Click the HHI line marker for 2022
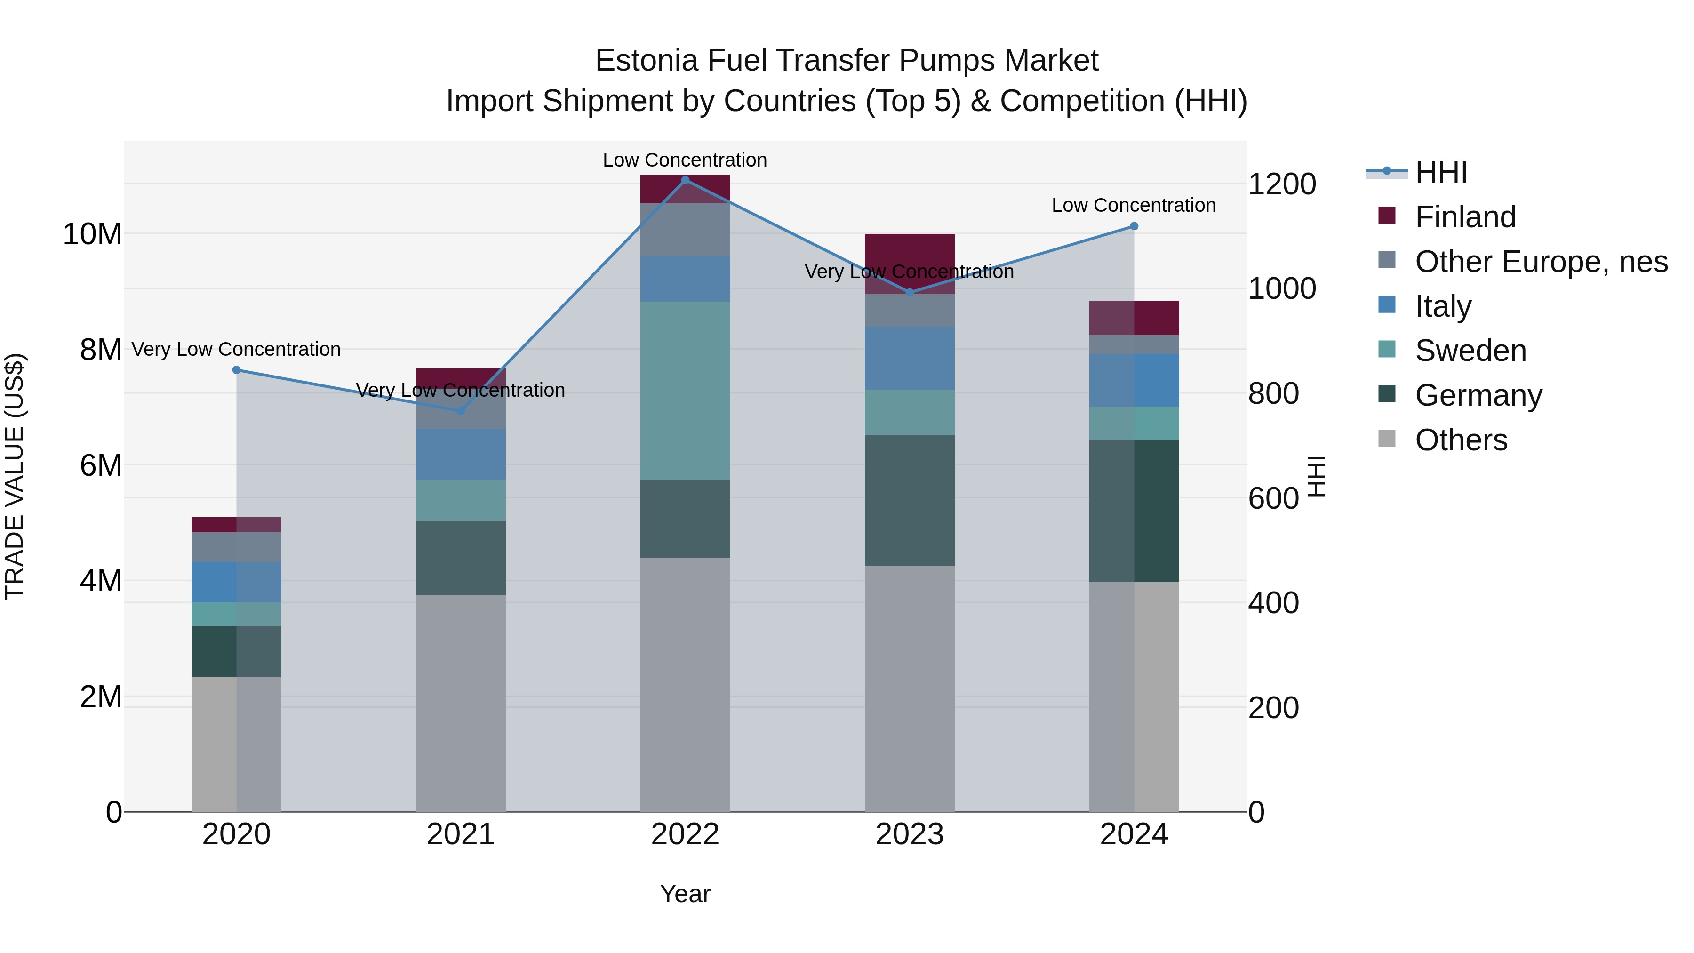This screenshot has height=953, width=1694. (685, 180)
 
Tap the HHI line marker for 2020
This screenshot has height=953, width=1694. (237, 370)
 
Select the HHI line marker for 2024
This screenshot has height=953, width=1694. (1134, 226)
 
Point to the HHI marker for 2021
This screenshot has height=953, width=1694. (461, 411)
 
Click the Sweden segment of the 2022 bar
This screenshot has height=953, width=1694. (685, 391)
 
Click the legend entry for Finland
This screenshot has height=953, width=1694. (1465, 217)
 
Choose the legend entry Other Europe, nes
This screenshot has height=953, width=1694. (1541, 262)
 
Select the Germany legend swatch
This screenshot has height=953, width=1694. (1387, 395)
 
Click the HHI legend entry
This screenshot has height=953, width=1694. (1440, 172)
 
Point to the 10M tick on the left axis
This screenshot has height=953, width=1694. (92, 234)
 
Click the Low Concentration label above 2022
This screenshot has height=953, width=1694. (685, 160)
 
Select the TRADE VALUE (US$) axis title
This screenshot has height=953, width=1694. (15, 476)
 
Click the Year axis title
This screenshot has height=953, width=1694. (685, 894)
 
